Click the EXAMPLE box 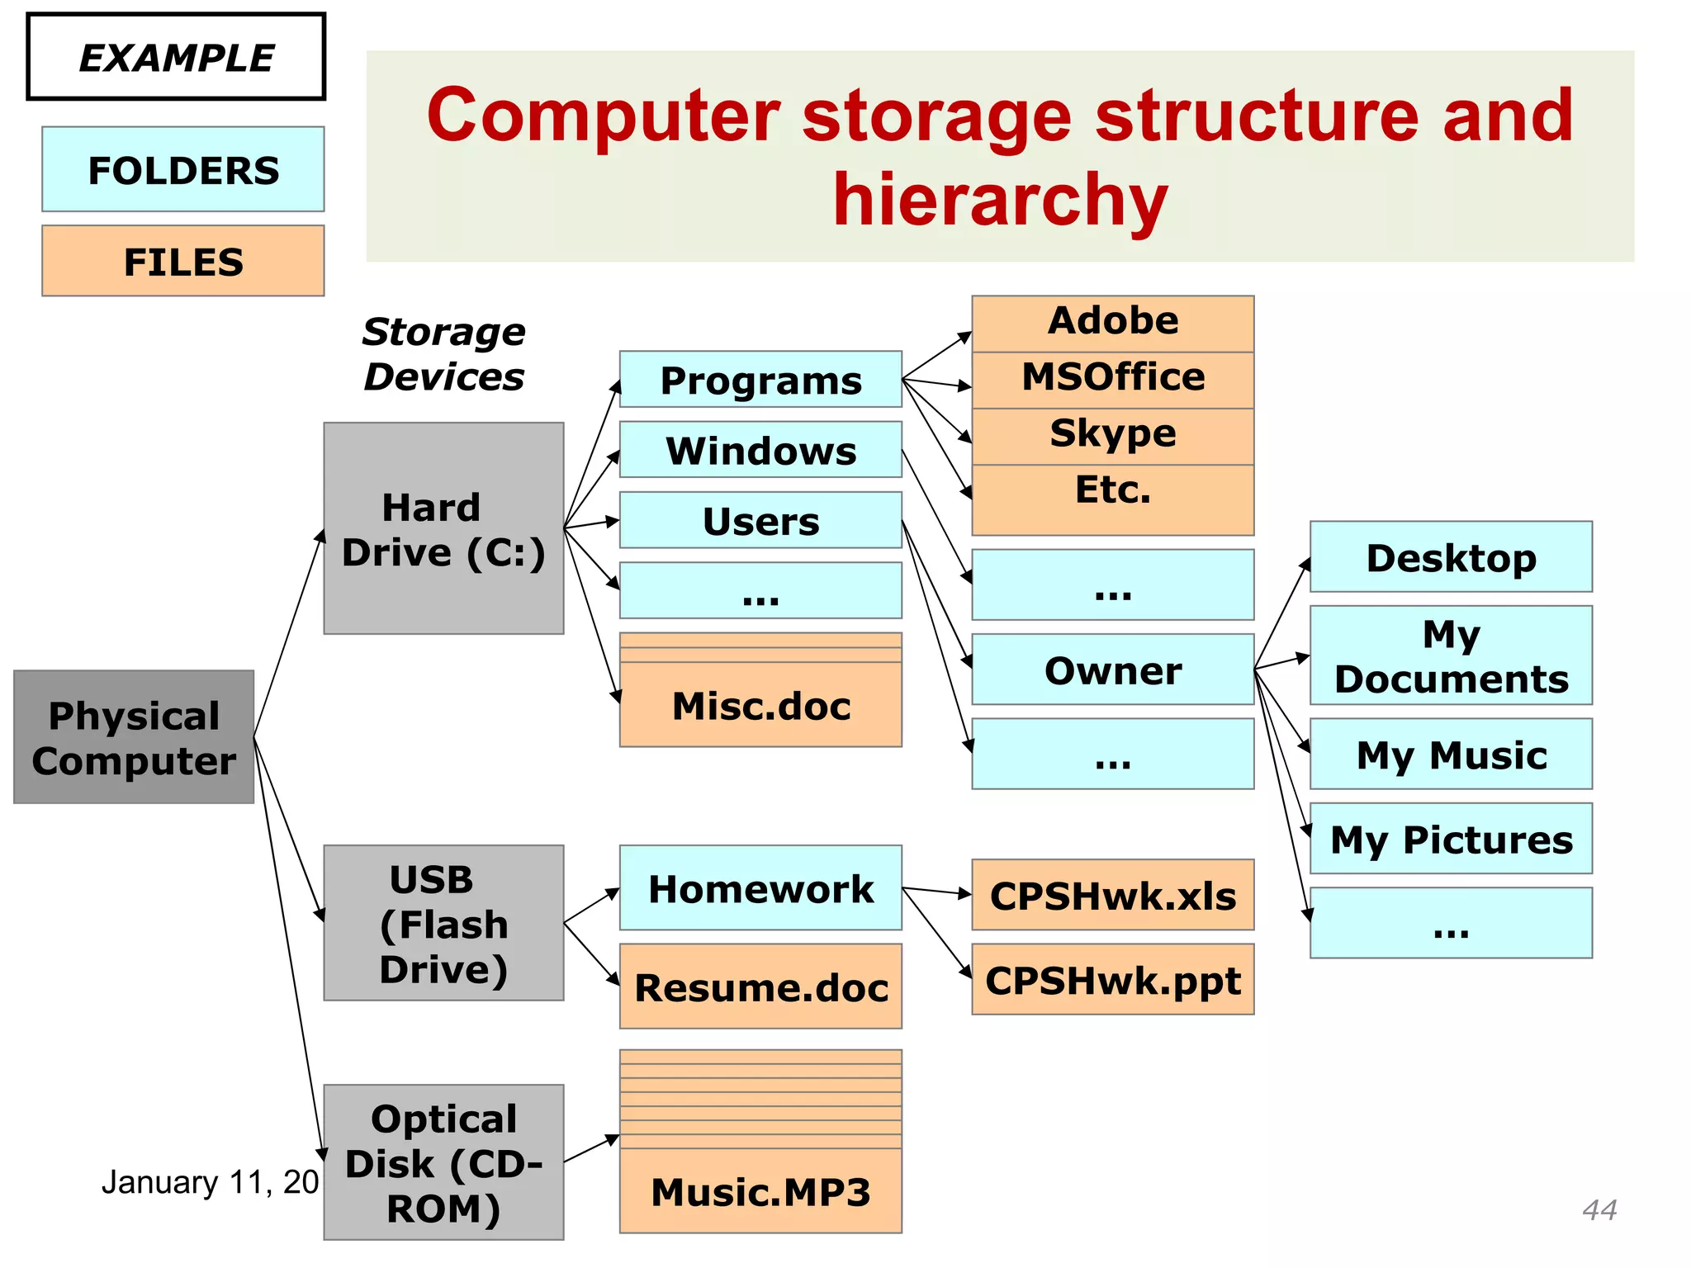(176, 57)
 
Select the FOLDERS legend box (183, 170)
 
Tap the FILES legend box (183, 261)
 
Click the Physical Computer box (134, 737)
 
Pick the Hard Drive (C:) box (443, 528)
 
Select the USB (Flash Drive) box (443, 923)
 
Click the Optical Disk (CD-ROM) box (443, 1162)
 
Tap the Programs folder (760, 380)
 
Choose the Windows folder (760, 450)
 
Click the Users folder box (760, 521)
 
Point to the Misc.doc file (760, 705)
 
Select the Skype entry (1112, 434)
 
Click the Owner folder (1112, 669)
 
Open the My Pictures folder (1451, 839)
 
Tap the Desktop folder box (1451, 557)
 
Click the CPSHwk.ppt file (1112, 980)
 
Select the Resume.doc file (760, 987)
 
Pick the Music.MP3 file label (760, 1191)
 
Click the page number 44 (1599, 1209)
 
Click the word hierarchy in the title (1000, 200)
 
